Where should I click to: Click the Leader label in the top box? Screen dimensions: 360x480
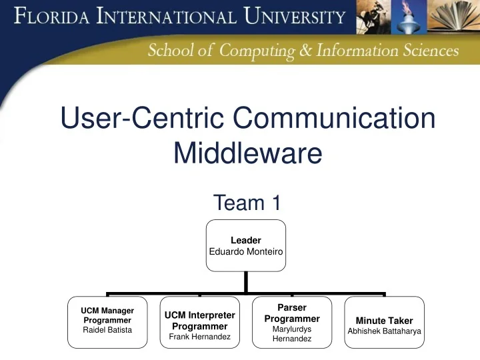click(x=245, y=240)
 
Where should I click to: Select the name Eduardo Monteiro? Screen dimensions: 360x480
click(x=245, y=251)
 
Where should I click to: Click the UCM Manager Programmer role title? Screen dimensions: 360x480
click(x=107, y=315)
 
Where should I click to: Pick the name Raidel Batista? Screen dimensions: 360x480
click(x=107, y=330)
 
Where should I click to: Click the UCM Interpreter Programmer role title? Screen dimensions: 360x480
click(x=200, y=321)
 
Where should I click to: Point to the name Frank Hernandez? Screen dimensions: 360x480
click(x=200, y=337)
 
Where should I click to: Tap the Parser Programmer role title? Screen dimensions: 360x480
click(x=292, y=313)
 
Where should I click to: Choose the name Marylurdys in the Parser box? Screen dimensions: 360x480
click(x=292, y=329)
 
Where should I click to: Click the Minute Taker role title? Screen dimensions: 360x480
click(x=384, y=321)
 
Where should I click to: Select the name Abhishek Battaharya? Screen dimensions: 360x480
click(x=384, y=331)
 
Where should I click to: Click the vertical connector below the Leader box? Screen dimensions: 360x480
click(x=245, y=281)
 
